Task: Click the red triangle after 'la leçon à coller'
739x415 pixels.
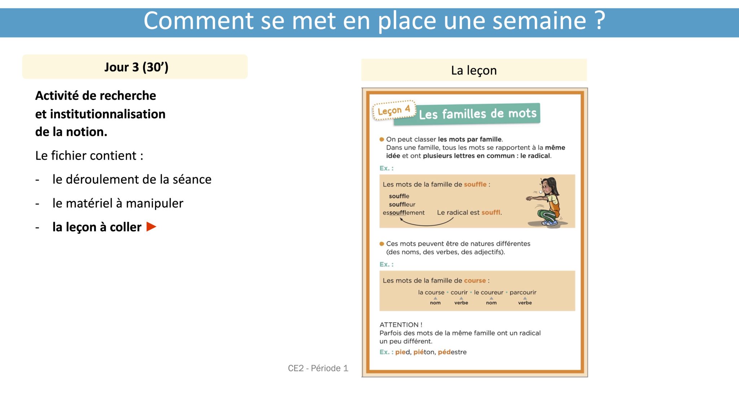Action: (151, 227)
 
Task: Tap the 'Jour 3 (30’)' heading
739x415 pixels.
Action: (136, 67)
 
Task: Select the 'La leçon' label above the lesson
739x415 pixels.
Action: (474, 70)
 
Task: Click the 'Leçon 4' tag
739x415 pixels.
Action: (394, 110)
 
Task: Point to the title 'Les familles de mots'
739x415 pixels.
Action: (478, 114)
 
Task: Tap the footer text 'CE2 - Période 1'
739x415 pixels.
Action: (318, 368)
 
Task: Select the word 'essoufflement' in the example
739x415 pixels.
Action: (403, 213)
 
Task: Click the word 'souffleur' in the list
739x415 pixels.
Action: (402, 204)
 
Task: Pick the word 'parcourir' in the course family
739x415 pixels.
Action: (523, 292)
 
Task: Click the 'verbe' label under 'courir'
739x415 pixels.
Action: (461, 303)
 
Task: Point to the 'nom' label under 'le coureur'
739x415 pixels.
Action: (491, 303)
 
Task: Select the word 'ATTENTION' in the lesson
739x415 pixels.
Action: (399, 325)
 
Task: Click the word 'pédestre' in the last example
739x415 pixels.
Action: (452, 352)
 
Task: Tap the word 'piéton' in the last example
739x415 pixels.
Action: (424, 352)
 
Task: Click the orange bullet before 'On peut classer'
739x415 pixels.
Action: (382, 139)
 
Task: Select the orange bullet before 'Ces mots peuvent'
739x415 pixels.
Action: (382, 244)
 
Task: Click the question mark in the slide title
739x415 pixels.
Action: (600, 21)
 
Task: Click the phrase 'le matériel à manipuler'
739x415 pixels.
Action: (118, 203)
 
